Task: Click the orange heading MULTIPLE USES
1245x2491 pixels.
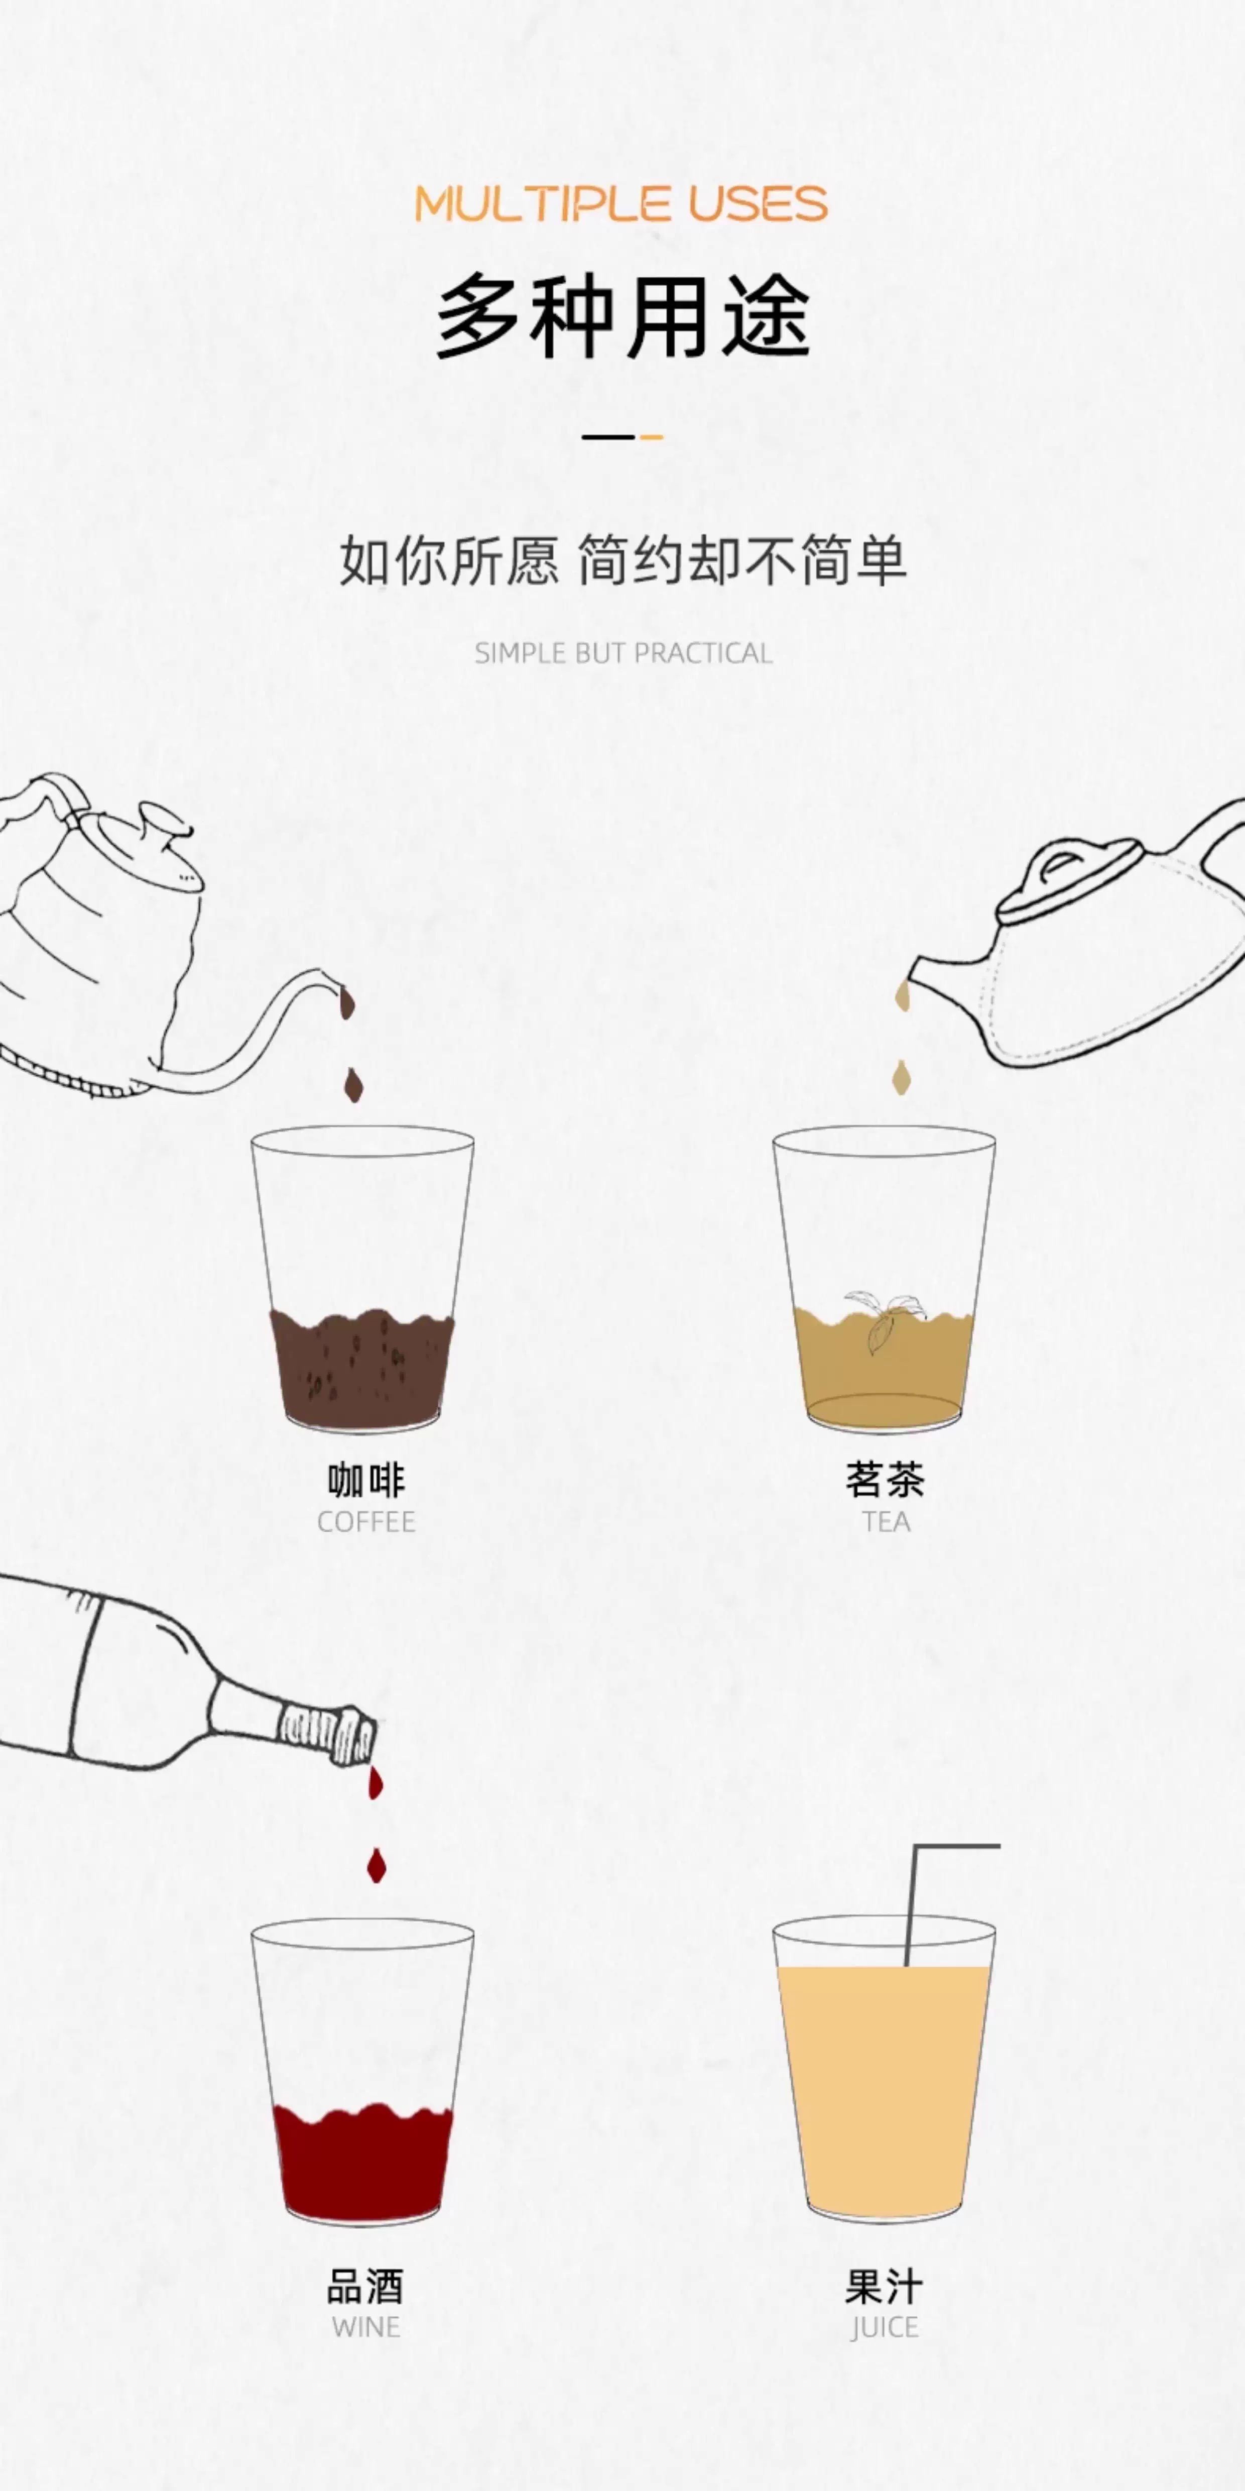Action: (x=621, y=204)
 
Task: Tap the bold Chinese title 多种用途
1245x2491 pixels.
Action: (x=623, y=315)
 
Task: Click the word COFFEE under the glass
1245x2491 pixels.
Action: (x=366, y=1522)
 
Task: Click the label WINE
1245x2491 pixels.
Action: (x=366, y=2328)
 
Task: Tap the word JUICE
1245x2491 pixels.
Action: (x=885, y=2328)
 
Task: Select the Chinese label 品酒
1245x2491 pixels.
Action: (x=365, y=2287)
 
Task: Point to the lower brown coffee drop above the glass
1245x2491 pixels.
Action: (x=354, y=1086)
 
